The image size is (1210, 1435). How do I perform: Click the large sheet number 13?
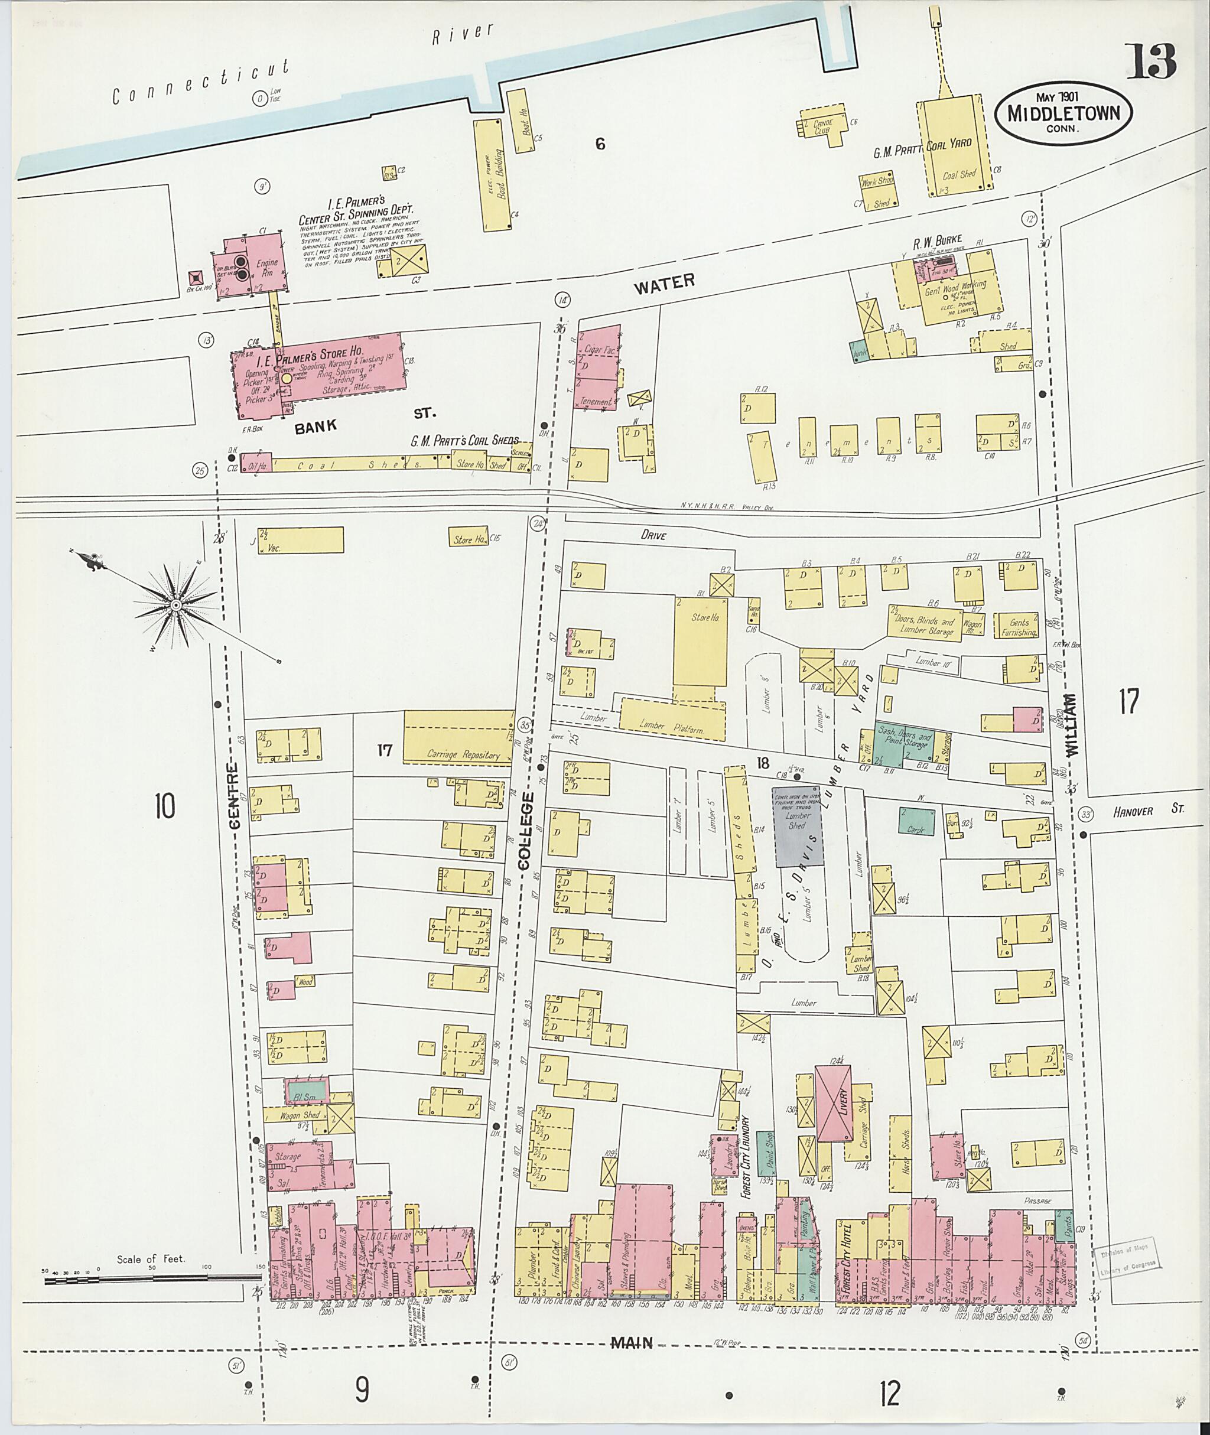coord(1151,61)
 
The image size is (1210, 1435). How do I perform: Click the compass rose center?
coord(175,604)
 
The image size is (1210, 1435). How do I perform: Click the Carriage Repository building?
coord(458,737)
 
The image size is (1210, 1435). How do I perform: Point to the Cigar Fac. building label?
coord(598,350)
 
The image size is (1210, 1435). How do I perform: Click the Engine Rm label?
coord(267,268)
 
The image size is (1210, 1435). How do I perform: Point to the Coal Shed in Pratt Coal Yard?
coord(958,174)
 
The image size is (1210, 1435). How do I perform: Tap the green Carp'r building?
coord(917,821)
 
